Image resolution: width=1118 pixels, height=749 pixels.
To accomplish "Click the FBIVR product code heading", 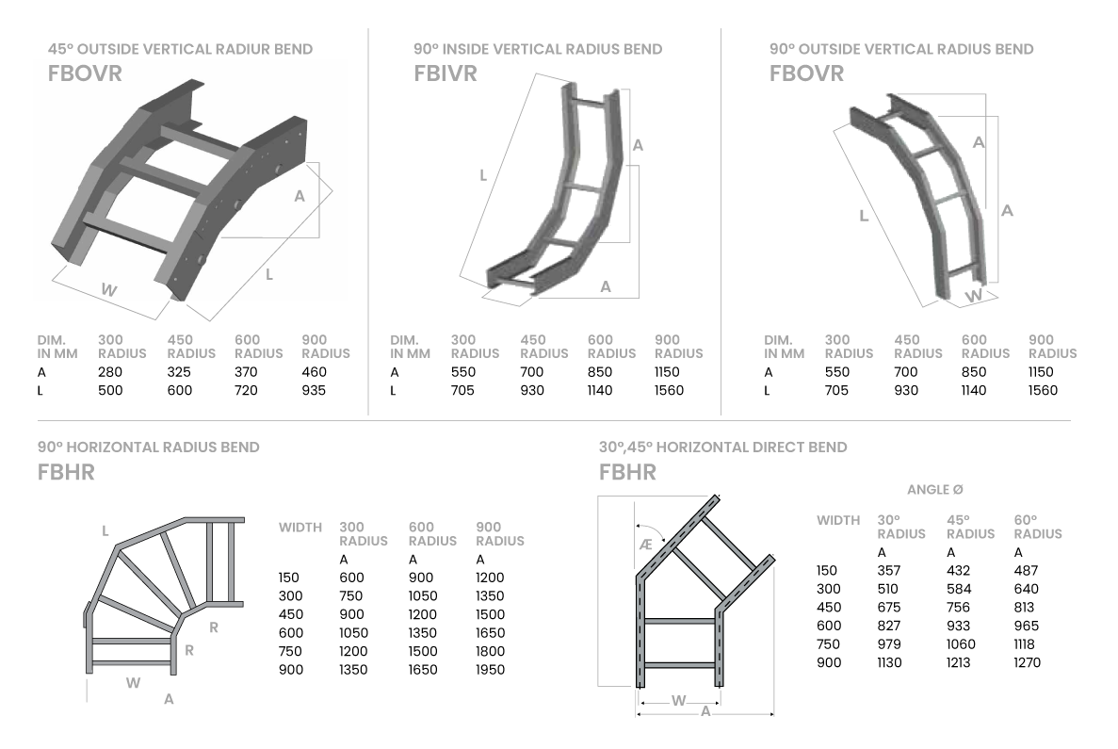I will [x=446, y=73].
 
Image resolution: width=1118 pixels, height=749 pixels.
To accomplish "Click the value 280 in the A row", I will [x=110, y=371].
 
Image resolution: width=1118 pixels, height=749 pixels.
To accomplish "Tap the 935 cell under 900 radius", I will [x=314, y=390].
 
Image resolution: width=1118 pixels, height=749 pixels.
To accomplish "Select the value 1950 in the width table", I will [x=490, y=670].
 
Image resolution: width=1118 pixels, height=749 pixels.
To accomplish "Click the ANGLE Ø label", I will [x=934, y=490].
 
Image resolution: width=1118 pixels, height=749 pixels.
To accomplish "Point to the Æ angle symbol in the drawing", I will [x=646, y=545].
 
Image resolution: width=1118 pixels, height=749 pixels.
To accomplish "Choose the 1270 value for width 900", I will [x=1028, y=662].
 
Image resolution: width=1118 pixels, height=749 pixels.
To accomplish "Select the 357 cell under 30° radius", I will [x=888, y=571].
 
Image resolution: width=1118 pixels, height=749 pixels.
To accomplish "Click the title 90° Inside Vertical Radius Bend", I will [x=537, y=49].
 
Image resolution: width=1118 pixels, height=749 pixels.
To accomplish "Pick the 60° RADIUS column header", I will [x=1038, y=527].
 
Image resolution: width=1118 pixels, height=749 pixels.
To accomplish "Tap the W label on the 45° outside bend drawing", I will [x=109, y=291].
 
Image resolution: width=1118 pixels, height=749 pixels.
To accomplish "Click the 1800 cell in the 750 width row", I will [x=490, y=651].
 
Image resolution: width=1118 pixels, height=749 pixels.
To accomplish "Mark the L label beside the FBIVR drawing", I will [x=483, y=175].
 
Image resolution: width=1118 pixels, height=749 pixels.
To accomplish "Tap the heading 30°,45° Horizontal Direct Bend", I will [x=722, y=448].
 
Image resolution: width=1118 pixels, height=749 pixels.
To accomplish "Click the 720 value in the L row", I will [x=246, y=390].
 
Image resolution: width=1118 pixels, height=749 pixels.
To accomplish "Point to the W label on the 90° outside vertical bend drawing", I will [x=973, y=296].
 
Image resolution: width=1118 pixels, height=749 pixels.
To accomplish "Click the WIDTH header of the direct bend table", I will [x=838, y=520].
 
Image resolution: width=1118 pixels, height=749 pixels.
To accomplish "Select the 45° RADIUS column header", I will [x=970, y=527].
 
